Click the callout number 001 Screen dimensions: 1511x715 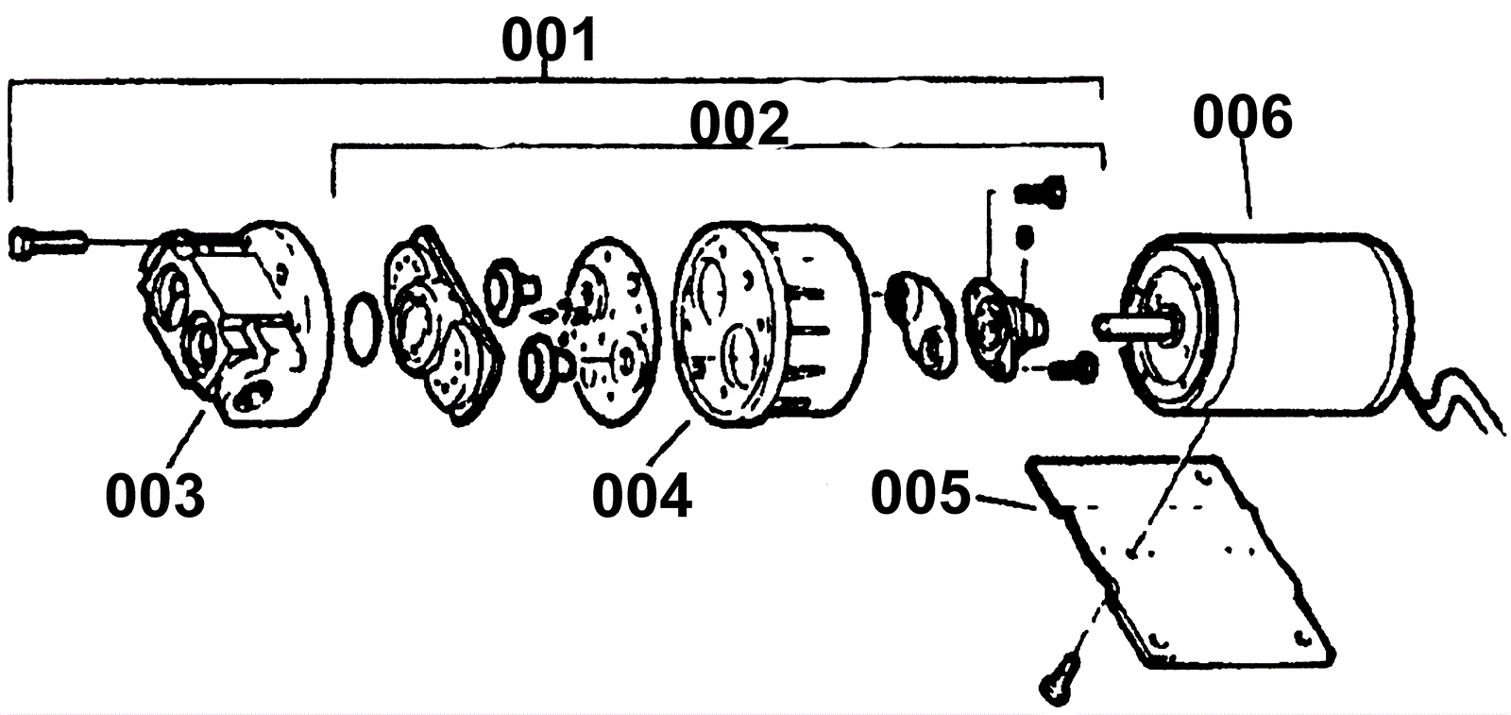pos(550,41)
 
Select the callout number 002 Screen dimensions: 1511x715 pos(739,125)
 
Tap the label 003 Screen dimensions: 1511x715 pos(155,496)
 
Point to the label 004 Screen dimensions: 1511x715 pos(642,496)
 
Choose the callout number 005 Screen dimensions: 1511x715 pos(922,492)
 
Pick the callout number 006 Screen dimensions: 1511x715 pos(1243,117)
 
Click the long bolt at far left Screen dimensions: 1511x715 pos(47,242)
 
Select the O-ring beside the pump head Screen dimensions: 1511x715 pos(363,329)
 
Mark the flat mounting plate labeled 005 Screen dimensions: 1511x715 pos(1180,560)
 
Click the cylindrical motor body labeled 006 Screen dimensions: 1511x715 pos(1268,325)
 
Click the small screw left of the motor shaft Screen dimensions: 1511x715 pos(1074,368)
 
